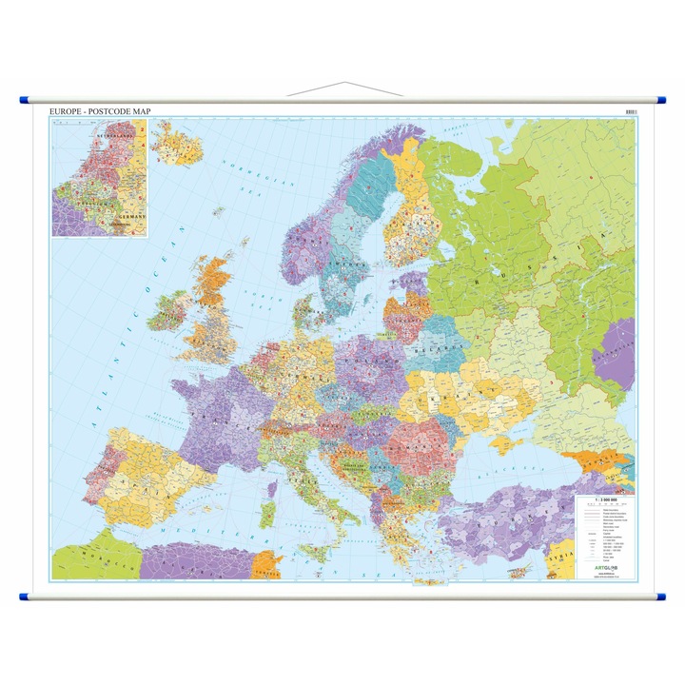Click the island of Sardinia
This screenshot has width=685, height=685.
click(269, 514)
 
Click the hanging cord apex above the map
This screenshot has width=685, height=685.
click(342, 84)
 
